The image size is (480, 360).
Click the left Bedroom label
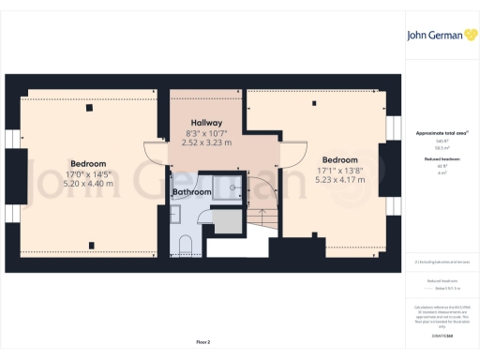coord(88,164)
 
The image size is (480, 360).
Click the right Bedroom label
coord(338,160)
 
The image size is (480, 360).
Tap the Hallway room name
coord(206,124)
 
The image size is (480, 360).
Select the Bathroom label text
coord(191,192)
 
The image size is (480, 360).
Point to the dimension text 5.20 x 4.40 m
coord(88,184)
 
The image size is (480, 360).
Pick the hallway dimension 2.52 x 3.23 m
coord(206,143)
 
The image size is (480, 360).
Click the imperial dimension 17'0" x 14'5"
coord(88,174)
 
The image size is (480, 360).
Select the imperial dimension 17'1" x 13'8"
coord(338,170)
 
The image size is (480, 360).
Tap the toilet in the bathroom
coord(185,246)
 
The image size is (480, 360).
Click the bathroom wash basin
coord(175,215)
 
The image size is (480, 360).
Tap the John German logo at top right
coord(440,37)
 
